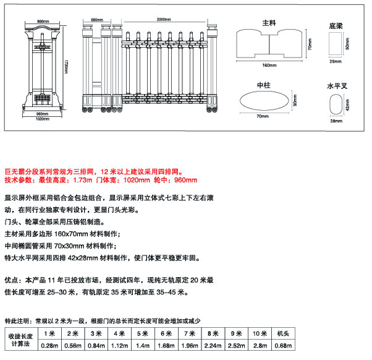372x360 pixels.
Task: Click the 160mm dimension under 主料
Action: [x=269, y=65]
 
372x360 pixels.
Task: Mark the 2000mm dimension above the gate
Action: [x=164, y=20]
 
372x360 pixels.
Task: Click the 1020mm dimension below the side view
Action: [x=42, y=119]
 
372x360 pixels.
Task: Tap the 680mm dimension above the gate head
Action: [x=96, y=20]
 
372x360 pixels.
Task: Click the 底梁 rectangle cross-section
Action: [x=336, y=45]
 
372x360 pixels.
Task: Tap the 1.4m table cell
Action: [x=143, y=345]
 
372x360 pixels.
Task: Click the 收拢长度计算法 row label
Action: [x=19, y=340]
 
